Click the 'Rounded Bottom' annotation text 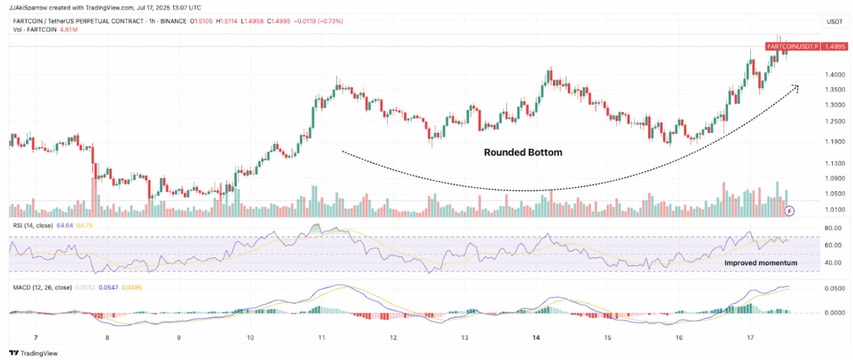coord(523,152)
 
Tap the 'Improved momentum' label coord(761,262)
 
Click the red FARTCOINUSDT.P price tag coord(792,47)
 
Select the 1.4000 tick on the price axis coord(835,75)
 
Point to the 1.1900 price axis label coord(835,142)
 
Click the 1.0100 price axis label coord(835,209)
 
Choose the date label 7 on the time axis coord(36,337)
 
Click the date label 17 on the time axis coord(750,337)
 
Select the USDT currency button coord(835,22)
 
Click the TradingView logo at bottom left coord(33,353)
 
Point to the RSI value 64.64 coord(65,225)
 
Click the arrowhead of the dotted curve coord(796,87)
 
